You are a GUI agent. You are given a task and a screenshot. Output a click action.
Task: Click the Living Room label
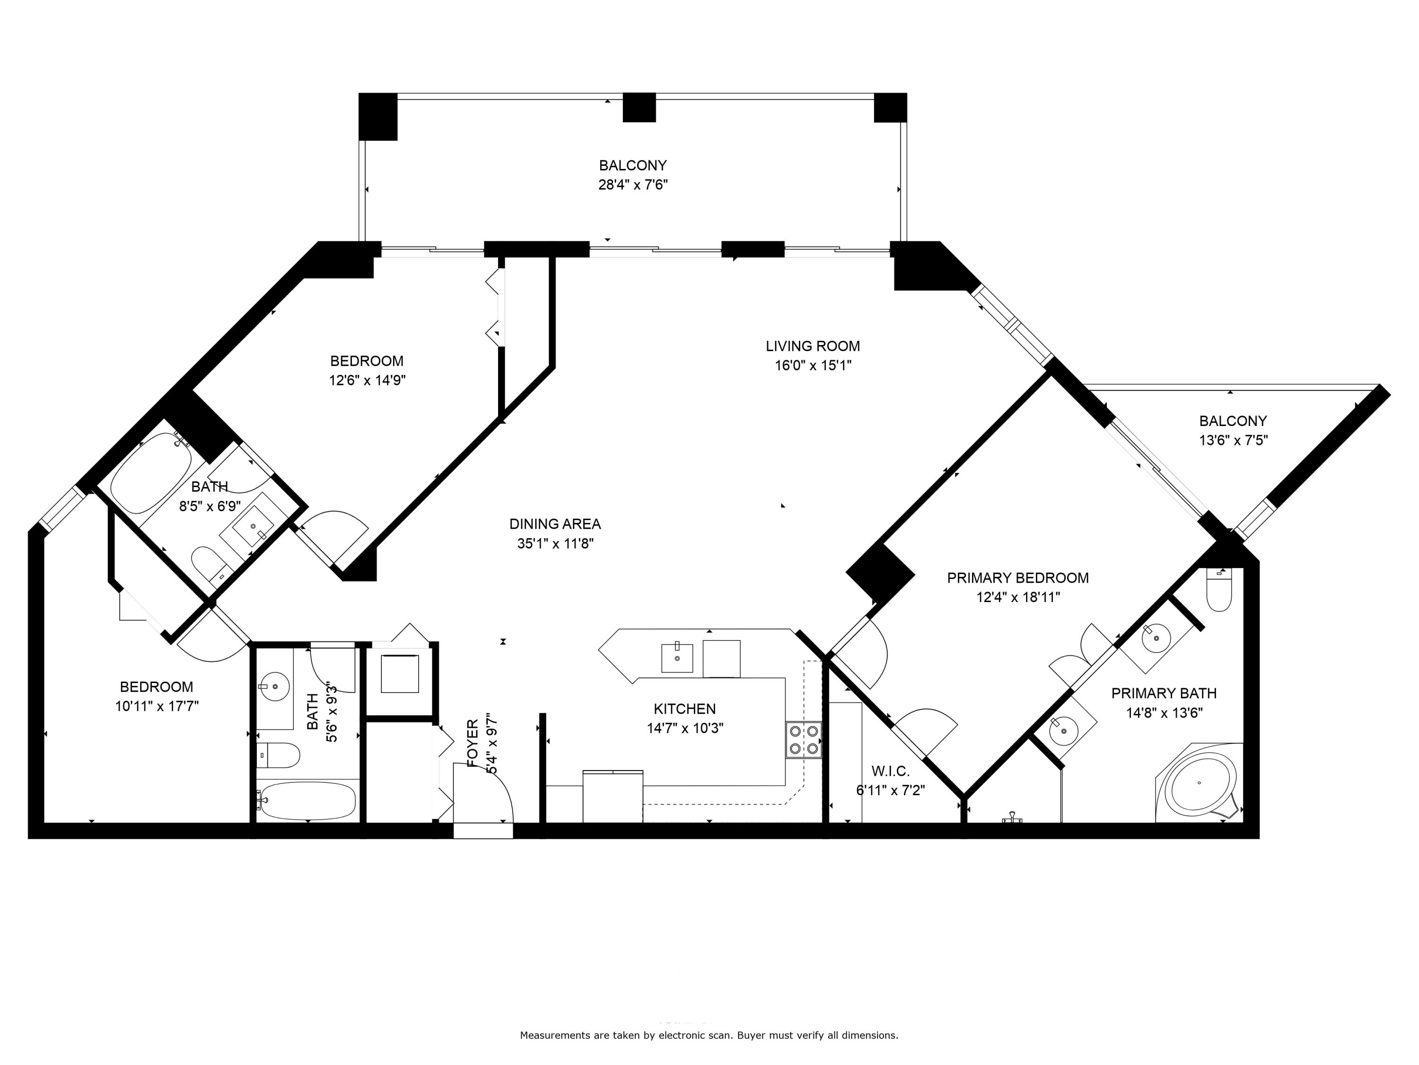click(812, 346)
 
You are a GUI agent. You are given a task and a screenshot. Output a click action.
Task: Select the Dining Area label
click(554, 524)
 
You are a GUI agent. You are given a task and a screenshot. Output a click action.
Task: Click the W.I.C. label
click(890, 771)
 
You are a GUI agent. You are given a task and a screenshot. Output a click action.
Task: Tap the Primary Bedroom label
click(1017, 578)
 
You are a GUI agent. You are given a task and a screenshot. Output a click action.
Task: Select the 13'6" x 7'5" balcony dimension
click(1233, 440)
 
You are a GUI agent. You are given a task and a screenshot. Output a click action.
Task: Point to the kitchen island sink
click(677, 658)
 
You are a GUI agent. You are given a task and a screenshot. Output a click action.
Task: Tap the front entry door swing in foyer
click(484, 791)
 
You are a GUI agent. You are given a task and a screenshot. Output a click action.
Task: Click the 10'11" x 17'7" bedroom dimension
click(157, 706)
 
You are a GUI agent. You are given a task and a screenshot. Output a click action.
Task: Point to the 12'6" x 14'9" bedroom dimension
click(367, 380)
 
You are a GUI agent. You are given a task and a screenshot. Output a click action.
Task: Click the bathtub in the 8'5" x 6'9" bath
click(151, 472)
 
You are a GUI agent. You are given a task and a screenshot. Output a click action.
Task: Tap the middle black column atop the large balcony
click(639, 107)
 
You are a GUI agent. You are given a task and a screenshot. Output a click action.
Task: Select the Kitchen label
click(684, 709)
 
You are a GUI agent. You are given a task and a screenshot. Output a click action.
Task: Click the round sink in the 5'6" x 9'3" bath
click(276, 685)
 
